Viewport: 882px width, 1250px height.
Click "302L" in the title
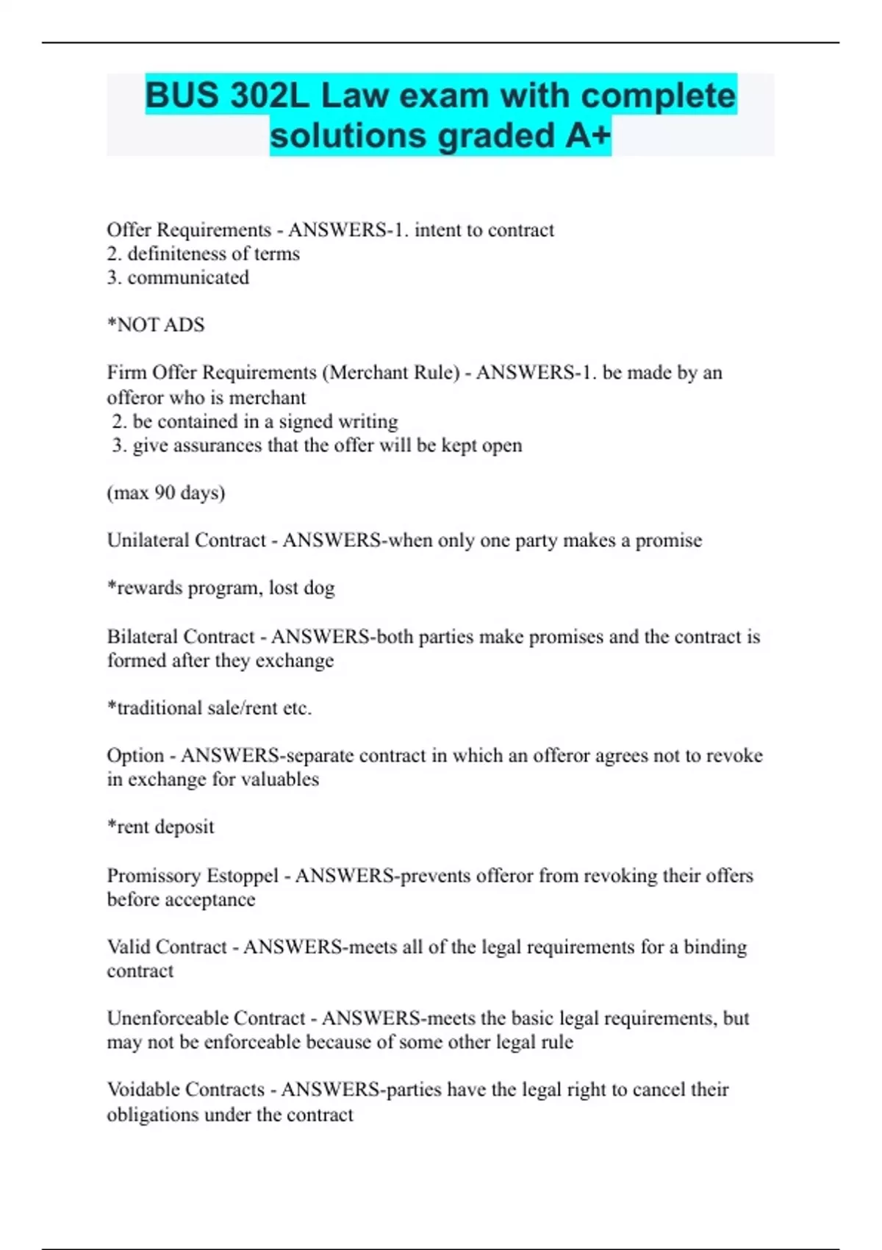[269, 96]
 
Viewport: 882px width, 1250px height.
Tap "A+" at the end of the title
[588, 136]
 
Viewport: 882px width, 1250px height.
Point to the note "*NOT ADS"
[156, 325]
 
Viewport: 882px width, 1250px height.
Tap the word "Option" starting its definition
[135, 756]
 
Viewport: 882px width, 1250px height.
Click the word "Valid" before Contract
[129, 947]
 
